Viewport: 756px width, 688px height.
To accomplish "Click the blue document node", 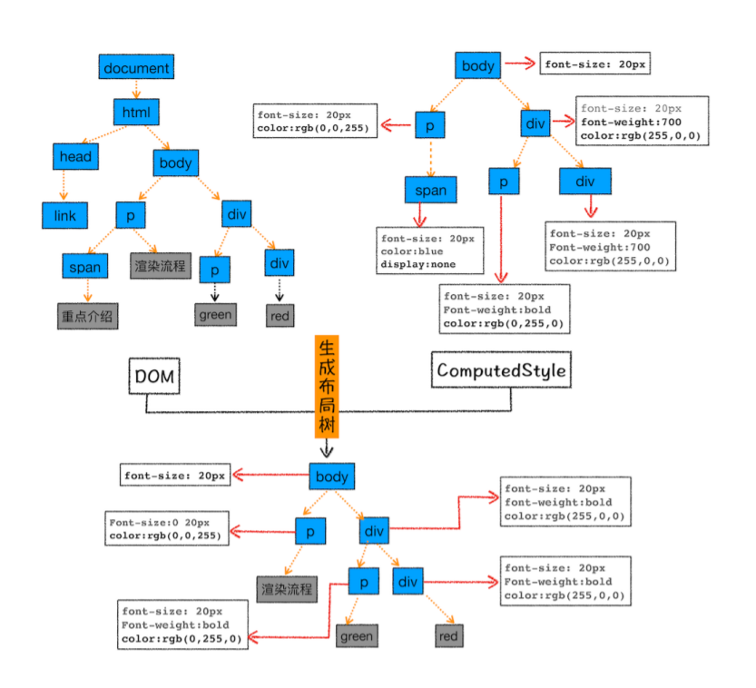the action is click(136, 67).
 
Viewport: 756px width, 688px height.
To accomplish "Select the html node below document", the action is click(136, 113).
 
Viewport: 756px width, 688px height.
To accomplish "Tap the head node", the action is click(75, 157).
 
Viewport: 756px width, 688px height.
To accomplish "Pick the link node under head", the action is click(65, 215).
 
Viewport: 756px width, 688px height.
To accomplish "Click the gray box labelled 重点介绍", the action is click(87, 316).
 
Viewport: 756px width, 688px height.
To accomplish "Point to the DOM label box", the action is click(154, 376).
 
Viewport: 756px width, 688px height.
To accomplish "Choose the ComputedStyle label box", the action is click(501, 369).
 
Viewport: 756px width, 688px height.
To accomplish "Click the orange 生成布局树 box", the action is click(327, 387).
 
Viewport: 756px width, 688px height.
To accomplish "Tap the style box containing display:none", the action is click(430, 251).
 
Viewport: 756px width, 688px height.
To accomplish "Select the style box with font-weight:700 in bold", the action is click(643, 121).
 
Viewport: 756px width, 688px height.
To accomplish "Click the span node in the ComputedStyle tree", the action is click(430, 190).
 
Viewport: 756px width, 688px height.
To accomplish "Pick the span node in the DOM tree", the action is click(85, 267).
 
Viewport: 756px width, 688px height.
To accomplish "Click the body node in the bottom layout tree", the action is click(332, 477).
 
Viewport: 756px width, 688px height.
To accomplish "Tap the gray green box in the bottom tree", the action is click(357, 636).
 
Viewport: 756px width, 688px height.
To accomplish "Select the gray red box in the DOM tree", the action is click(280, 316).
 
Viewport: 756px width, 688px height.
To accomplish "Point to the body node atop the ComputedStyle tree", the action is click(477, 65).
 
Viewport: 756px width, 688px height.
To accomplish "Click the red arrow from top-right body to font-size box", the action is click(520, 64).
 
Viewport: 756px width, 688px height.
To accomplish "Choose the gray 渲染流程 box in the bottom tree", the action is click(287, 589).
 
